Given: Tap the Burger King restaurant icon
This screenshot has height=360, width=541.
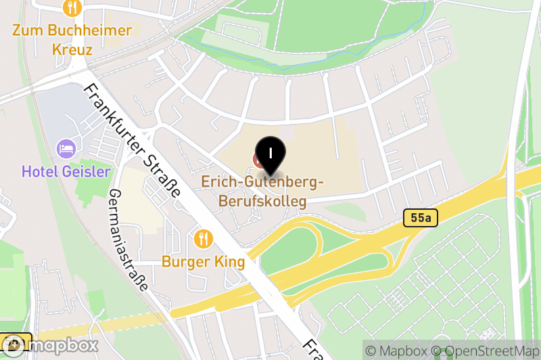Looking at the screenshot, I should tap(203, 238).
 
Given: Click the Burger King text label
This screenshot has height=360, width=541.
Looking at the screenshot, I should tap(203, 262).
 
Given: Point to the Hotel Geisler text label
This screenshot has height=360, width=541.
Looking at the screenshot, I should tap(66, 171).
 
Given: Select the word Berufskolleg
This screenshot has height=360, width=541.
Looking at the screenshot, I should tap(262, 201).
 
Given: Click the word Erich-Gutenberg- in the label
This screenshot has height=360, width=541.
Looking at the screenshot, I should tap(263, 183).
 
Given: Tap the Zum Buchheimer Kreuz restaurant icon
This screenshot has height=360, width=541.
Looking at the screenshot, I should tap(72, 7).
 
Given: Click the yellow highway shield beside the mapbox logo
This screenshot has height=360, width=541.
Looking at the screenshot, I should tap(15, 342).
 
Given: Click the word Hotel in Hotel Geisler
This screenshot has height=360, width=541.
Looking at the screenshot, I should tap(39, 171).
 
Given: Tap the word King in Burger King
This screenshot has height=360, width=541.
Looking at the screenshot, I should tap(229, 262).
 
